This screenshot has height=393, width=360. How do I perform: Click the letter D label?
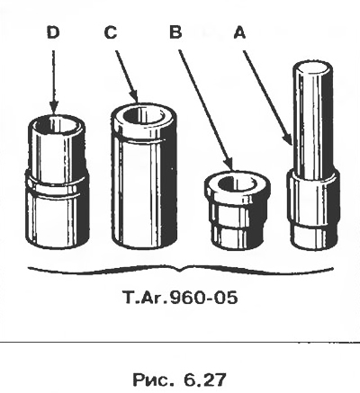pyautogui.click(x=53, y=32)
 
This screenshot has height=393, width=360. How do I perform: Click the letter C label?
pyautogui.click(x=111, y=32)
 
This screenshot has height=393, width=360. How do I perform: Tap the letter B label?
pyautogui.click(x=175, y=32)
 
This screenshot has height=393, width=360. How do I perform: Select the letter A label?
pyautogui.click(x=239, y=32)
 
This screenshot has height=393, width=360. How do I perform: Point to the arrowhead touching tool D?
pyautogui.click(x=54, y=107)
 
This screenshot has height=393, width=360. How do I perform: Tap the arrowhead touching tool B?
pyautogui.click(x=228, y=164)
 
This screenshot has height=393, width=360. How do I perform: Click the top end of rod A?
pyautogui.click(x=312, y=67)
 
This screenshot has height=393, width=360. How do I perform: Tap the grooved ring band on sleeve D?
pyautogui.click(x=57, y=186)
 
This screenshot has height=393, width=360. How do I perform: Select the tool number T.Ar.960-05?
pyautogui.click(x=180, y=298)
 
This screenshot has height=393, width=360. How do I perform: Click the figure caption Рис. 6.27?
pyautogui.click(x=179, y=380)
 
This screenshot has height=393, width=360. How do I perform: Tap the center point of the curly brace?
pyautogui.click(x=180, y=270)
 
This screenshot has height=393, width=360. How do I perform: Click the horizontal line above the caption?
pyautogui.click(x=180, y=342)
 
